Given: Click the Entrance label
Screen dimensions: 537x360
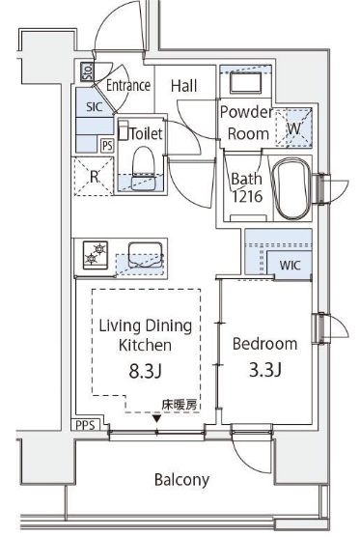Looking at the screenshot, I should [127, 85].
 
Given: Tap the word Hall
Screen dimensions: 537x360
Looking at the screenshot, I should [183, 86].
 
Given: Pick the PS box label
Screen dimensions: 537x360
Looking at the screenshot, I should [107, 145].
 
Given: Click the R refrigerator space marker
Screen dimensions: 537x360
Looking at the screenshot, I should [94, 177].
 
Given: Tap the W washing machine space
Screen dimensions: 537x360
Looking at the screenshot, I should [293, 125].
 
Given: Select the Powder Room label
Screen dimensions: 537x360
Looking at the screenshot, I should [246, 122].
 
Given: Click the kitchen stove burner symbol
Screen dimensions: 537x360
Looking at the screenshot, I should [96, 253].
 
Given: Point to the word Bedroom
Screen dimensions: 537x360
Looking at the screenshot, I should [265, 343].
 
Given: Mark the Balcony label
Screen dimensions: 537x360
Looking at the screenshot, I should [181, 480].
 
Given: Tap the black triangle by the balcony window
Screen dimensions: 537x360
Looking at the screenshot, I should [156, 418].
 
